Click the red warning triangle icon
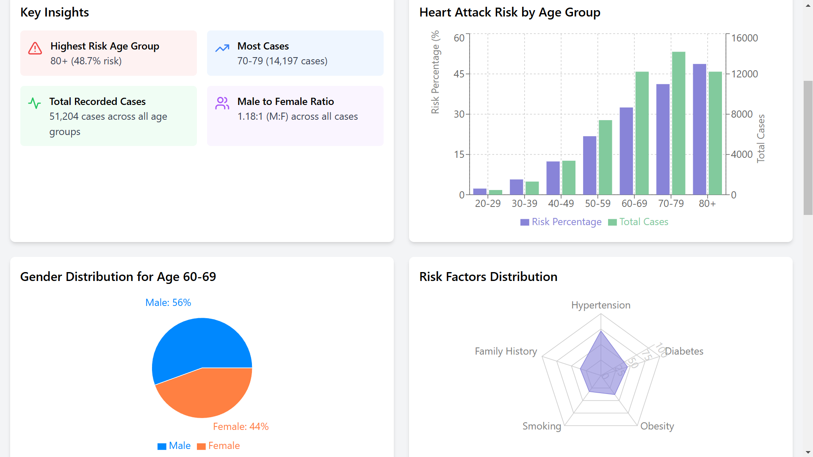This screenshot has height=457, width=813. click(35, 48)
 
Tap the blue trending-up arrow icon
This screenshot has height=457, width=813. click(222, 48)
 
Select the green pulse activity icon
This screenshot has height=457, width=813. click(34, 103)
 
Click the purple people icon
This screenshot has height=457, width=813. click(222, 103)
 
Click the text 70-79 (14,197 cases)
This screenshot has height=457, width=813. click(282, 61)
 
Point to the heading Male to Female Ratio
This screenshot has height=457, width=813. click(285, 102)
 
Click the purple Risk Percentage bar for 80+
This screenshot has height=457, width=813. click(699, 129)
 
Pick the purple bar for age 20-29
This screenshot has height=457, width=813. click(479, 192)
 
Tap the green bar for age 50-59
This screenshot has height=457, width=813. click(605, 157)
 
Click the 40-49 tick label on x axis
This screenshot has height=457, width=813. click(561, 204)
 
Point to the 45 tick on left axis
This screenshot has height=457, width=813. click(459, 74)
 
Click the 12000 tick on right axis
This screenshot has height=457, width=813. click(744, 74)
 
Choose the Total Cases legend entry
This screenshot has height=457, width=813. click(639, 222)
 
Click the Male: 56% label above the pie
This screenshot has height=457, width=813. click(168, 303)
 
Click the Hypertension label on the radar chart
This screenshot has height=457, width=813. click(600, 305)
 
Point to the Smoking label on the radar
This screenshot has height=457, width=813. click(542, 426)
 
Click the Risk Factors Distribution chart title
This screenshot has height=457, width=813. click(488, 277)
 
